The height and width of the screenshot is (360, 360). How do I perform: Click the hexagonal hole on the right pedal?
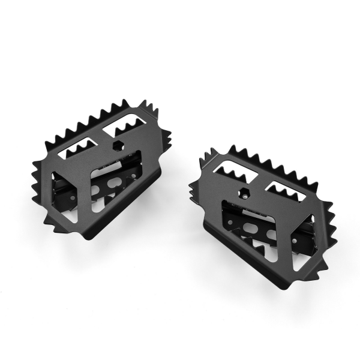pos(246,193)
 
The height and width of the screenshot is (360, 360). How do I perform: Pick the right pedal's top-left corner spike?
pos(204,155)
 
